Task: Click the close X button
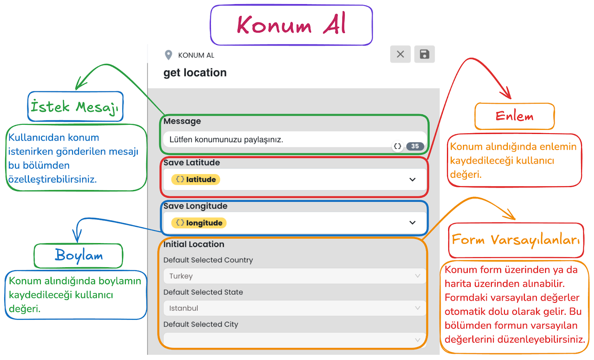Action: point(400,54)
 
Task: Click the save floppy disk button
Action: point(424,54)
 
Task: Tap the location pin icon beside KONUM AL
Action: point(168,55)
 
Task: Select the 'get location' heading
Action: point(195,73)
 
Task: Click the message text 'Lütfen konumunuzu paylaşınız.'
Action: point(226,140)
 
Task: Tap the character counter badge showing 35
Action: point(415,146)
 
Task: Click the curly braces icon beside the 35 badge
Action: point(398,146)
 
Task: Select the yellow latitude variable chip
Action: point(196,180)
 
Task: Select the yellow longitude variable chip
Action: point(199,223)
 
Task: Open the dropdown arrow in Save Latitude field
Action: point(412,180)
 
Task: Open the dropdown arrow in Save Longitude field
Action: point(412,223)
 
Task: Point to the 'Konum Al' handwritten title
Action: point(291,25)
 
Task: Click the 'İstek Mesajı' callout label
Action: point(75,107)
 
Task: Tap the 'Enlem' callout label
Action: point(515,117)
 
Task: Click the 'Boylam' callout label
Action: point(79,256)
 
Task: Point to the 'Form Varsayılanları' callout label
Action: point(516,240)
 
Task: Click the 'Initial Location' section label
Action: point(194,244)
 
